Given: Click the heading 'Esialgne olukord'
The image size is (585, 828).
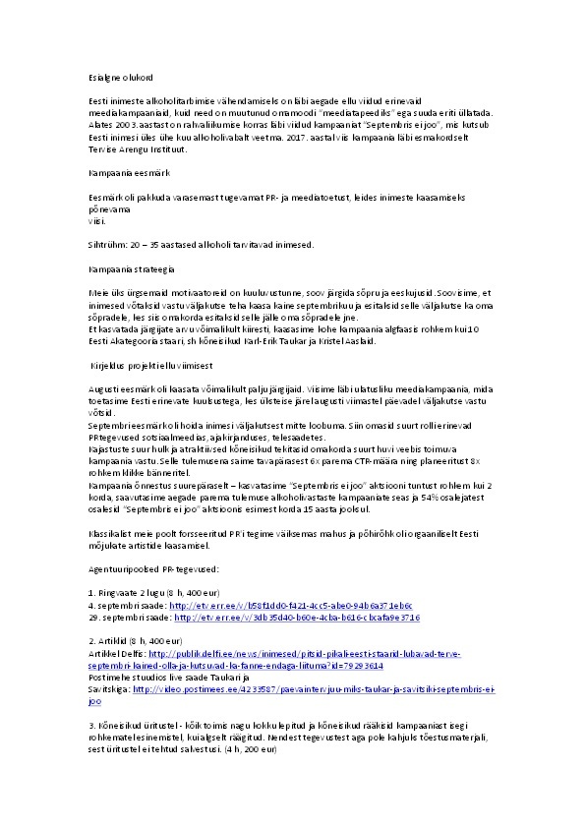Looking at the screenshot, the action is click(116, 76).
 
